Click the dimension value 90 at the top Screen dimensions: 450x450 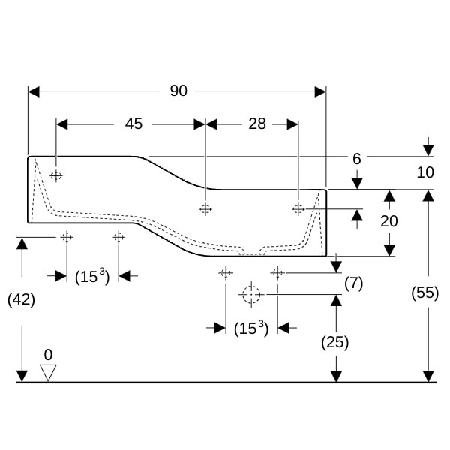pyautogui.click(x=178, y=91)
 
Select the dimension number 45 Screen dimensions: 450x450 pyautogui.click(x=133, y=124)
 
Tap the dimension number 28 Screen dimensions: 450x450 pyautogui.click(x=257, y=124)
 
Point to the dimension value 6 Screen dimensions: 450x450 pyautogui.click(x=357, y=159)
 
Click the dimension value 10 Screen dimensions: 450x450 pyautogui.click(x=425, y=172)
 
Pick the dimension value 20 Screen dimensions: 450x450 pyautogui.click(x=388, y=221)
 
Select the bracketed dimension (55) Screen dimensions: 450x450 pyautogui.click(x=425, y=293)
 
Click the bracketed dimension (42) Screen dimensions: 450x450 pyautogui.click(x=21, y=299)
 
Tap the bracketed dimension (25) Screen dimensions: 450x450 pyautogui.click(x=334, y=342)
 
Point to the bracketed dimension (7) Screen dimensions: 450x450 pyautogui.click(x=353, y=283)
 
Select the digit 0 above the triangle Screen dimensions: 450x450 pyautogui.click(x=48, y=354)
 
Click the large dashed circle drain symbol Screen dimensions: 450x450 pyautogui.click(x=250, y=295)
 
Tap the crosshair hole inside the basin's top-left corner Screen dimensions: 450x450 pyautogui.click(x=55, y=175)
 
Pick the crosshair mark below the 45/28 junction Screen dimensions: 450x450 pyautogui.click(x=205, y=209)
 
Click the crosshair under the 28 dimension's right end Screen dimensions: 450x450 pyautogui.click(x=298, y=208)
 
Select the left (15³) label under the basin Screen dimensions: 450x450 pyautogui.click(x=92, y=276)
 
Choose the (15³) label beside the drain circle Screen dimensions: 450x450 pyautogui.click(x=250, y=328)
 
